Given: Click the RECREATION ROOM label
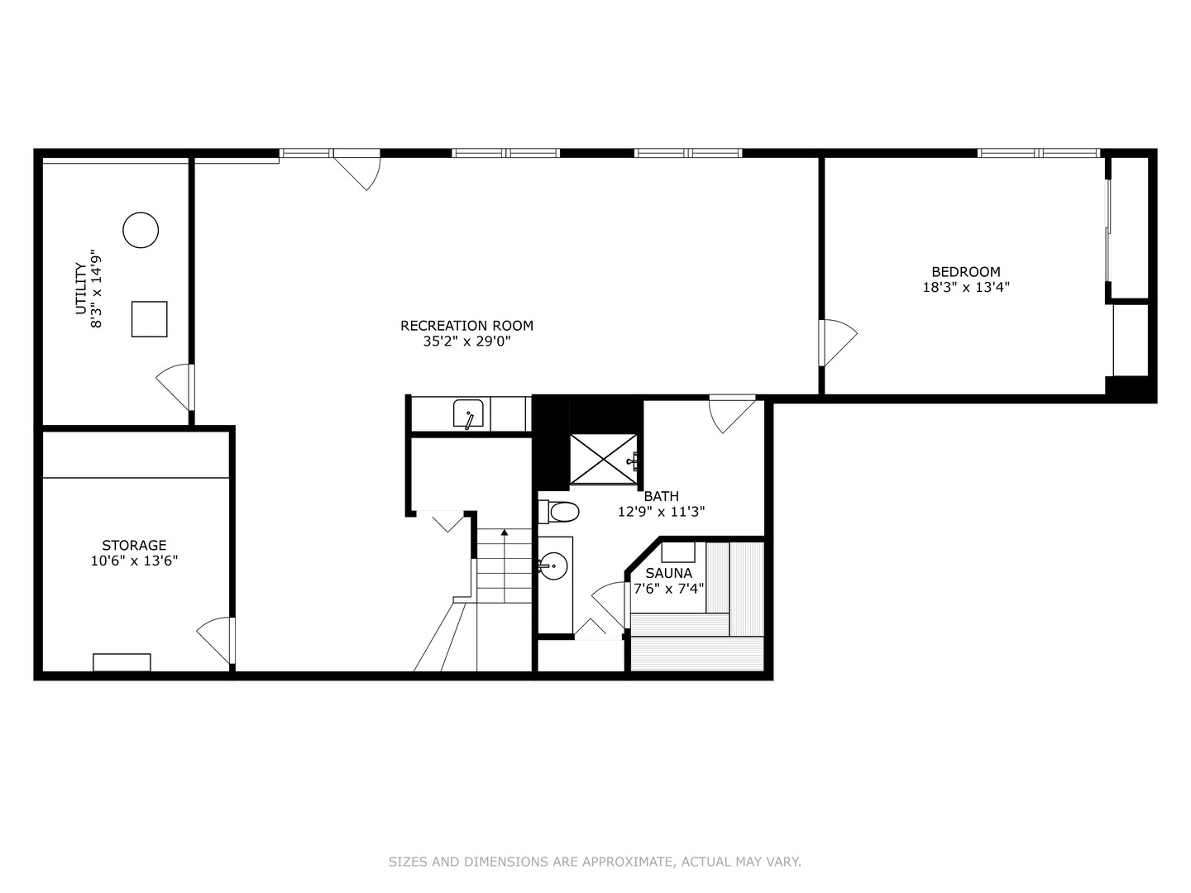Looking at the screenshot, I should [466, 326].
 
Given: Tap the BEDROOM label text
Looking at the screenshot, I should [965, 272].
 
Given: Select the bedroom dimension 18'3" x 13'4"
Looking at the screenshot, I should [965, 288].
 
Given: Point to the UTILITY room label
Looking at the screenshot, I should [80, 289].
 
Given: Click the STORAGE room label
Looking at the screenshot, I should [134, 546].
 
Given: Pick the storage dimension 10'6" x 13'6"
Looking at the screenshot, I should [134, 561].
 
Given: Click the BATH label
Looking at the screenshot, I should [661, 496].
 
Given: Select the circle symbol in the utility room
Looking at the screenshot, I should [141, 230].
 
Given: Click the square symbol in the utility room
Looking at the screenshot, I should [149, 319].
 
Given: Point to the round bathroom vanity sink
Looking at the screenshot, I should [552, 566].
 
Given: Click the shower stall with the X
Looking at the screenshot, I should [604, 459].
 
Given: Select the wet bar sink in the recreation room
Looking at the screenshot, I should [468, 413].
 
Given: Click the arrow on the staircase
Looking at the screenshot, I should [505, 533].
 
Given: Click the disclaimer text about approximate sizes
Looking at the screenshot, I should [595, 862].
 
